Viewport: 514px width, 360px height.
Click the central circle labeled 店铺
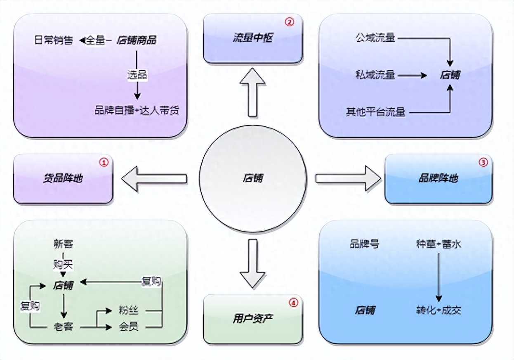click(x=252, y=178)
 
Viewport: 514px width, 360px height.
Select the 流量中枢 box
click(x=252, y=39)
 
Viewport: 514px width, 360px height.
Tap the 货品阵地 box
click(x=63, y=179)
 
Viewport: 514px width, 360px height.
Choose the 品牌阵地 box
click(x=438, y=179)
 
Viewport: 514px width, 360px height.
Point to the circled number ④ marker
click(x=293, y=303)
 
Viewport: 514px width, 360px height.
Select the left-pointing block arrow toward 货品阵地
click(x=154, y=178)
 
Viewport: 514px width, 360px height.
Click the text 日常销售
click(x=54, y=40)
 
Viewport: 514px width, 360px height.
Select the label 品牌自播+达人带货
click(x=137, y=111)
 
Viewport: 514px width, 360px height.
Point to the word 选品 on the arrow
click(x=137, y=75)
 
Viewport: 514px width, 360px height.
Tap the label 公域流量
click(x=375, y=38)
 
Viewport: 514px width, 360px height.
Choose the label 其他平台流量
click(x=375, y=112)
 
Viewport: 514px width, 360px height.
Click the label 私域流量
click(x=375, y=75)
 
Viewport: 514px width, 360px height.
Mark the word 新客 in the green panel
click(x=63, y=244)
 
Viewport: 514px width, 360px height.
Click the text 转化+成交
click(x=439, y=310)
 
